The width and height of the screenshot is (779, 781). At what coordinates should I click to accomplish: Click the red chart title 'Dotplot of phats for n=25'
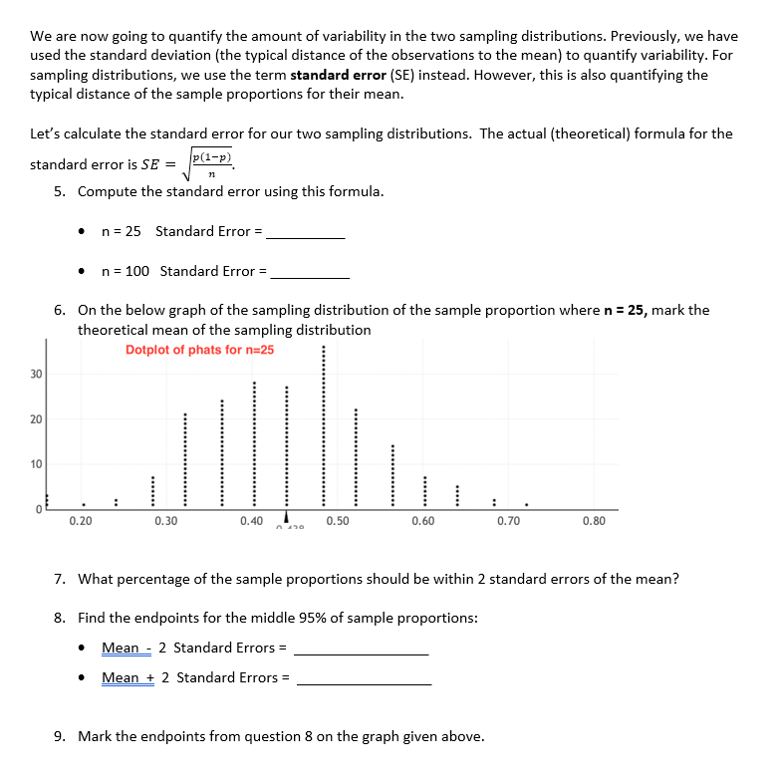click(199, 350)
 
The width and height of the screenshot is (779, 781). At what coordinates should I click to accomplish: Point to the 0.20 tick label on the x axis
click(81, 521)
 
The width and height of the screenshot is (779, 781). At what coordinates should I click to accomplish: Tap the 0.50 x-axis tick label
click(337, 521)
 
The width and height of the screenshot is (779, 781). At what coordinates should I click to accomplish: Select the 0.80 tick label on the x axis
click(593, 521)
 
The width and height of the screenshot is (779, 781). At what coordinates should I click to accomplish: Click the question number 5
click(60, 191)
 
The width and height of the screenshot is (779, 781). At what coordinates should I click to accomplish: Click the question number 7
click(60, 579)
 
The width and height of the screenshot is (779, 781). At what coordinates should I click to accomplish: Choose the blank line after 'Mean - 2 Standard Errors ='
click(361, 651)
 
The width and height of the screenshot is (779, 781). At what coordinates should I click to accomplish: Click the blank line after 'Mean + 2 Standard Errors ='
click(364, 680)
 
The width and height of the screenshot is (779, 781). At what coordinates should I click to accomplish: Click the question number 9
click(60, 736)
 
